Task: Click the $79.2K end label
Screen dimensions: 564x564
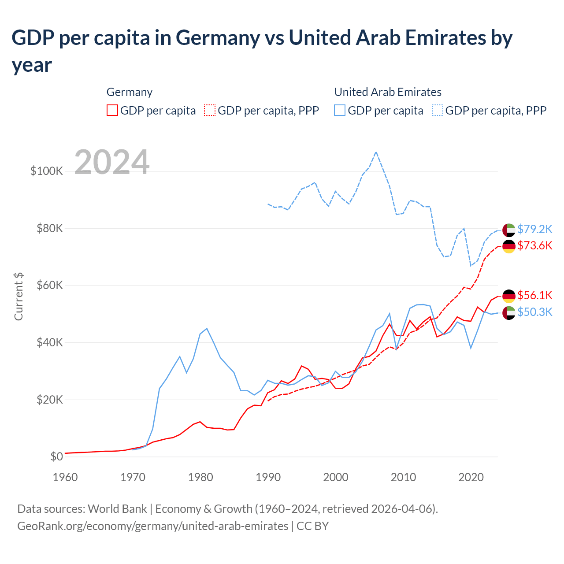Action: click(534, 229)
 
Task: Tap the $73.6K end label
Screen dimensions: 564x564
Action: click(534, 245)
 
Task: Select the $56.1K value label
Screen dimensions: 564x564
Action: click(534, 295)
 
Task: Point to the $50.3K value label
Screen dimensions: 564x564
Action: click(534, 312)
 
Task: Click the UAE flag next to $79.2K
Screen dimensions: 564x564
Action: click(509, 230)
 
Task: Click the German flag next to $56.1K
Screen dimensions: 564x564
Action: click(509, 296)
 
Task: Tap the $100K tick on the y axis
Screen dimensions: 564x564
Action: click(47, 171)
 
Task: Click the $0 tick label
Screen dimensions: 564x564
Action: click(56, 456)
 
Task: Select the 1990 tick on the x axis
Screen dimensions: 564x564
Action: click(268, 477)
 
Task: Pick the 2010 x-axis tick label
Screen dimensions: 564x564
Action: click(403, 477)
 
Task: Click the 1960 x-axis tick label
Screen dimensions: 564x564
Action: click(65, 477)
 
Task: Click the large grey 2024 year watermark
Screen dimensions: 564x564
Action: click(112, 162)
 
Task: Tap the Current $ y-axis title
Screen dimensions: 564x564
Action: click(19, 296)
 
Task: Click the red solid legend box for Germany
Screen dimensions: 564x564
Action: click(112, 110)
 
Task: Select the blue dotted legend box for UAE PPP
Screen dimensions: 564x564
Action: click(438, 110)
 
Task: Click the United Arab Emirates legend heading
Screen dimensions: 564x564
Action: click(388, 92)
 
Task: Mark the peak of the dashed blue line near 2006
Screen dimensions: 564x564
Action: click(376, 152)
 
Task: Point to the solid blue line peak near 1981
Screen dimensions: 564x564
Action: click(207, 328)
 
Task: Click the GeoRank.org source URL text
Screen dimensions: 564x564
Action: click(152, 526)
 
